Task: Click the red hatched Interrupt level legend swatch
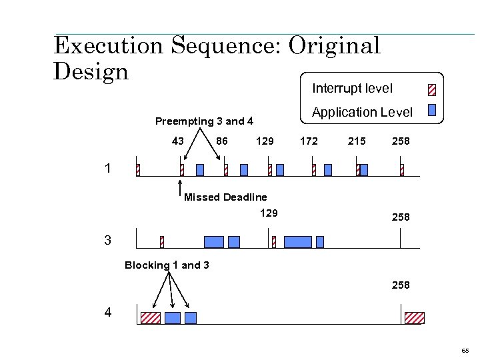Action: [431, 89]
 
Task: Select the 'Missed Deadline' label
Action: [225, 197]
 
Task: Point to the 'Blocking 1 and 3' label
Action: [167, 265]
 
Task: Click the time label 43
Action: [178, 141]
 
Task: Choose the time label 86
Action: [223, 141]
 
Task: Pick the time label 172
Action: [309, 141]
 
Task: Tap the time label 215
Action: [356, 141]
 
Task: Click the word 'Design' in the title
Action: [91, 71]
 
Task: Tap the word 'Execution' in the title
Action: [109, 45]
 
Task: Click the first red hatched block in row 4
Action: [151, 317]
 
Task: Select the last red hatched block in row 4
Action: [415, 317]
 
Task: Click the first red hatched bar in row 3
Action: [161, 241]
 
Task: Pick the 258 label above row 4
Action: [401, 285]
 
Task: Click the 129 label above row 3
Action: [269, 213]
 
